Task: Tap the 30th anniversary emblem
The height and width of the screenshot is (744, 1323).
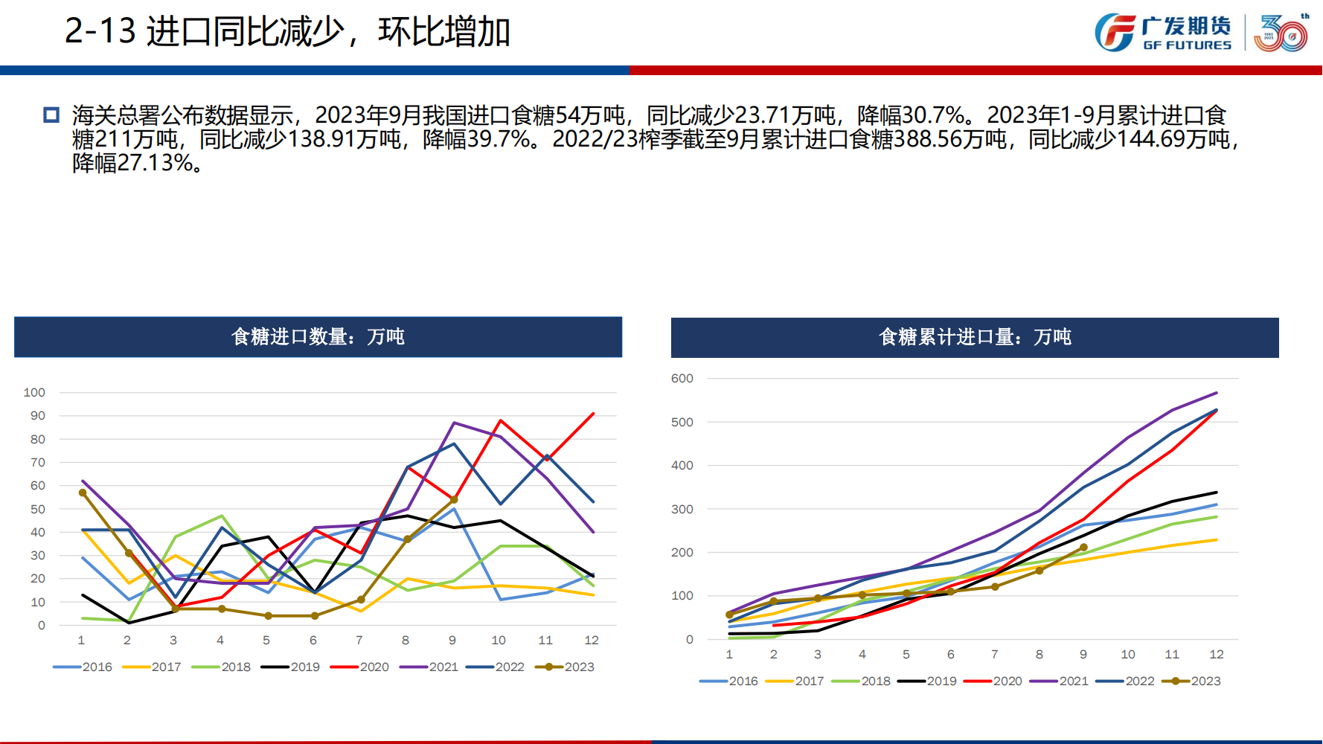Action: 1281,33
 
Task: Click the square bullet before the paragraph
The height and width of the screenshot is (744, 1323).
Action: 51,115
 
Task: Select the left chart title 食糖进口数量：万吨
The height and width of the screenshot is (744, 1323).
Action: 318,337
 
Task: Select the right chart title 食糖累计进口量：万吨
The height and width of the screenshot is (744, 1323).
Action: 975,338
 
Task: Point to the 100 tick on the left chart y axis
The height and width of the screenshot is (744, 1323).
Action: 34,393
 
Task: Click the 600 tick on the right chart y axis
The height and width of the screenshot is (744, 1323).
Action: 682,379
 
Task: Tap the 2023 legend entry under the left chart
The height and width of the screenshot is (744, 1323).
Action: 566,667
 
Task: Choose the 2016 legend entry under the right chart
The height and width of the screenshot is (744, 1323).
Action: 729,682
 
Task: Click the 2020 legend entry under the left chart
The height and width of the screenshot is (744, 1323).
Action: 360,667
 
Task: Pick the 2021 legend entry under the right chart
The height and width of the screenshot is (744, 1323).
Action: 1060,682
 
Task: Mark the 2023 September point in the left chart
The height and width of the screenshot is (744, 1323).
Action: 454,500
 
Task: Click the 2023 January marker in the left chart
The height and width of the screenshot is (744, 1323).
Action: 83,493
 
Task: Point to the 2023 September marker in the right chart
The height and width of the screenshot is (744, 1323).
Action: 1083,548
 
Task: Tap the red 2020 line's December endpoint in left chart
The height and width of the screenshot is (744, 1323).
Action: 593,414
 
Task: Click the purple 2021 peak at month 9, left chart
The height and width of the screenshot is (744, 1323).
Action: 454,423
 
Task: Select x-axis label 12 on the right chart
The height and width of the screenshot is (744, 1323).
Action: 1217,655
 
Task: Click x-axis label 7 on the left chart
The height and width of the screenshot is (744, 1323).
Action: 359,641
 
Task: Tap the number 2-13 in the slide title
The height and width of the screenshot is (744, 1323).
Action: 100,31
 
